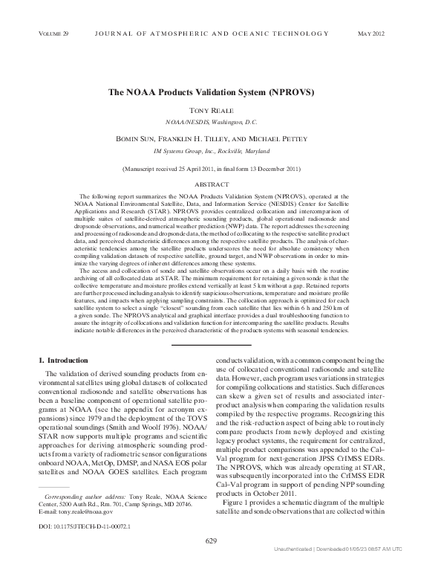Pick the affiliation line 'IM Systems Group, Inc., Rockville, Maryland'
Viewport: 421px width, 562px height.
211,149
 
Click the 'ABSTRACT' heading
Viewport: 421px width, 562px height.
211,183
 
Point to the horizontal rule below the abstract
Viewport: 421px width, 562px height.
210,344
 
